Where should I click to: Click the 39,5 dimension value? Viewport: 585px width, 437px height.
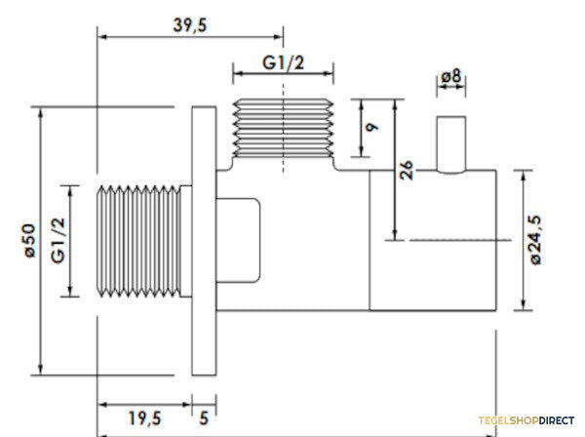pyautogui.click(x=189, y=25)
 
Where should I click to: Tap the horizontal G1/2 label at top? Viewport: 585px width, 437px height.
pyautogui.click(x=283, y=62)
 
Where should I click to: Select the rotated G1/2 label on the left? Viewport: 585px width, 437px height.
pyautogui.click(x=58, y=241)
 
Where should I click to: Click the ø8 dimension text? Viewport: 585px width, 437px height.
pyautogui.click(x=451, y=76)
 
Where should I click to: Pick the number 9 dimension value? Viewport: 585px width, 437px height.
pyautogui.click(x=372, y=127)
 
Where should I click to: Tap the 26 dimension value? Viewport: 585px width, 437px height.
pyautogui.click(x=406, y=170)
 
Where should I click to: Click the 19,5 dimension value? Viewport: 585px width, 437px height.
pyautogui.click(x=144, y=417)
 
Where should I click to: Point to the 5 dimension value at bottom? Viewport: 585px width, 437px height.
pyautogui.click(x=204, y=417)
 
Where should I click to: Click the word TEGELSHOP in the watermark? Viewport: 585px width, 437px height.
pyautogui.click(x=509, y=420)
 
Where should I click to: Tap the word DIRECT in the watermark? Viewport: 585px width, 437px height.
pyautogui.click(x=557, y=420)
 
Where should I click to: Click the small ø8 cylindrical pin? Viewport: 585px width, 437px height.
pyautogui.click(x=451, y=144)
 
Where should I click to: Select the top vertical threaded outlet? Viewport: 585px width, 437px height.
pyautogui.click(x=283, y=128)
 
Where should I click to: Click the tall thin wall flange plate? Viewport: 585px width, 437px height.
pyautogui.click(x=204, y=241)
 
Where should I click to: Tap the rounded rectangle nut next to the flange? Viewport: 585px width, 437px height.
pyautogui.click(x=238, y=240)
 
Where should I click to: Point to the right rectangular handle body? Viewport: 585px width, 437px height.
pyautogui.click(x=433, y=240)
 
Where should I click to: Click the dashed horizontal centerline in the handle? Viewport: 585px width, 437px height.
pyautogui.click(x=460, y=240)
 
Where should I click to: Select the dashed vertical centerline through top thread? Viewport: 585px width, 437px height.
pyautogui.click(x=283, y=128)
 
